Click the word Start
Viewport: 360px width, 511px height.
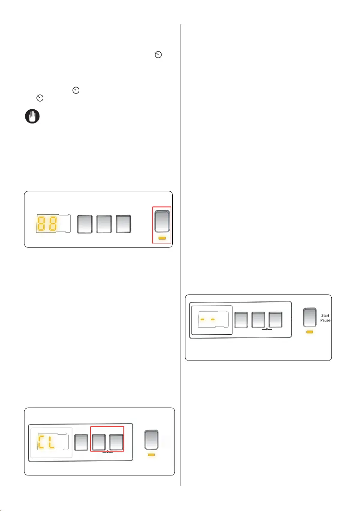click(325, 315)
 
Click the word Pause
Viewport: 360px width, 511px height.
click(325, 321)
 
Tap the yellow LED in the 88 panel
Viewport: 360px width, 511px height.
click(162, 238)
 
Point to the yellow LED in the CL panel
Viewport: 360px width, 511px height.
click(151, 454)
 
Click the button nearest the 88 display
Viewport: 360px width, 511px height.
click(84, 223)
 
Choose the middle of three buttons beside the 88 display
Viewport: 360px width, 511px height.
click(104, 223)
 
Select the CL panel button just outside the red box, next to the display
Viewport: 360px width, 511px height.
click(81, 442)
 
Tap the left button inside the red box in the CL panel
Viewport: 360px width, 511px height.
click(99, 442)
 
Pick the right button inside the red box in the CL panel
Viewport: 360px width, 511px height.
click(116, 442)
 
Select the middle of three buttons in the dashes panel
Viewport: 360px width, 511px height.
click(258, 319)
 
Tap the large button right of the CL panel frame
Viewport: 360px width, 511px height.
click(151, 439)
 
